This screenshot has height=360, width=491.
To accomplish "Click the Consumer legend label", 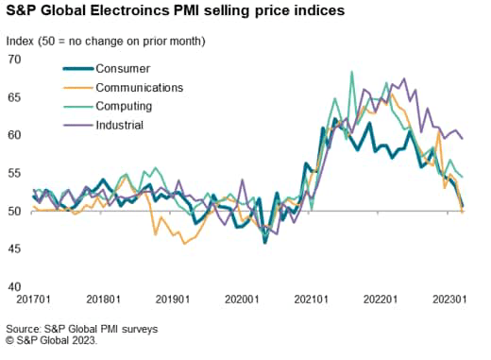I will point(124,69).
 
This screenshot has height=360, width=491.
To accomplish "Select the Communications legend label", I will point(142,87).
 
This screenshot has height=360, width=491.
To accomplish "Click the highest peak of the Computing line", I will point(351,72).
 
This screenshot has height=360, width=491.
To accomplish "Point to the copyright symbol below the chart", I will point(10,340).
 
